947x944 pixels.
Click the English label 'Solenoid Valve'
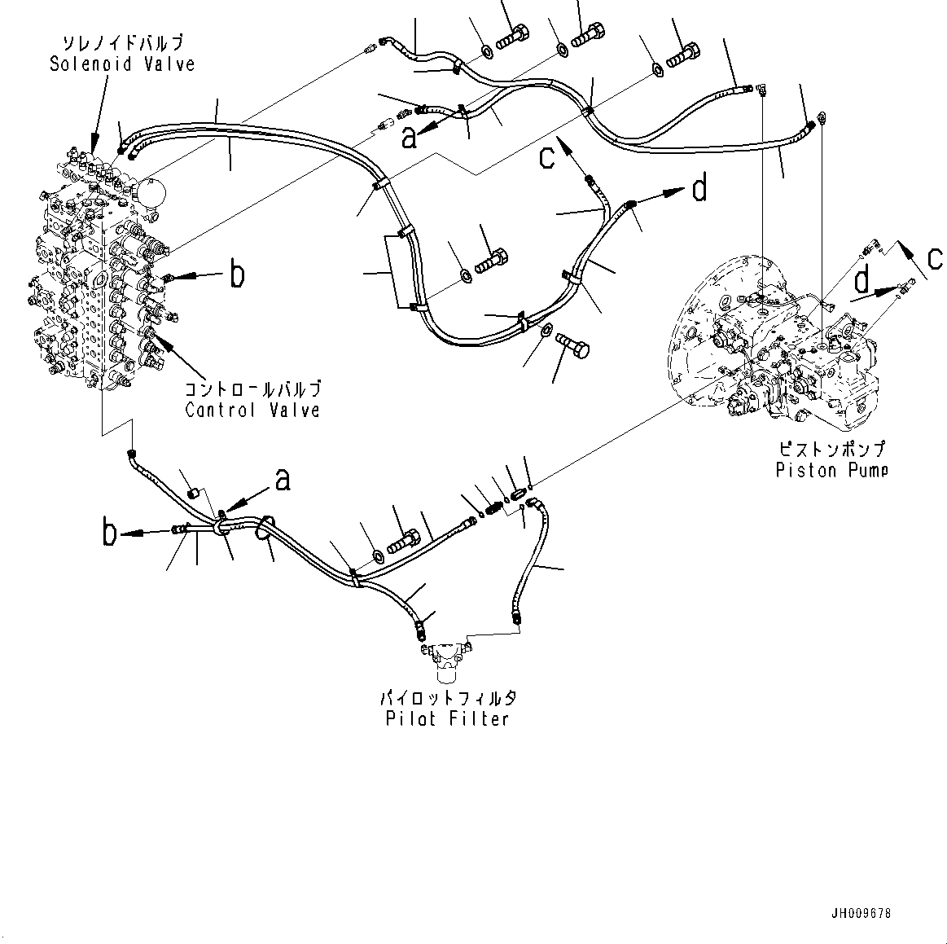coord(122,64)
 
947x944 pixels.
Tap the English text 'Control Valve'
coord(252,410)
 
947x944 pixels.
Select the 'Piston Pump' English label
coord(831,470)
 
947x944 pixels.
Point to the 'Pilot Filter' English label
coord(448,718)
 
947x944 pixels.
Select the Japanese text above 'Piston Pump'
coord(831,449)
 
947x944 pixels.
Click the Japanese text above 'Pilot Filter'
coord(448,698)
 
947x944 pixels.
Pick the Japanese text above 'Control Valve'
coord(252,389)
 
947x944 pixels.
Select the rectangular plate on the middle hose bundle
coord(397,272)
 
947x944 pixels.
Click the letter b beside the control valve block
coord(236,275)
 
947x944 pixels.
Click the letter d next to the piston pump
coord(861,282)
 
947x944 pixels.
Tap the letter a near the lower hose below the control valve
coord(282,481)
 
